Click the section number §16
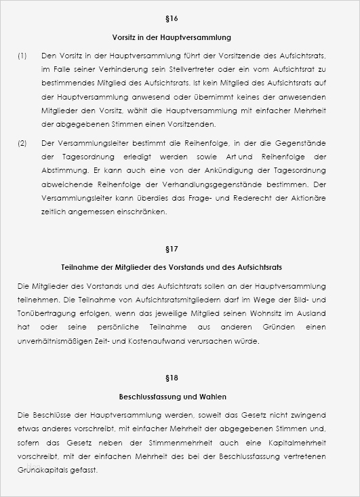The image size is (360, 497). (180, 18)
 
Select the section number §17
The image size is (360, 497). (180, 249)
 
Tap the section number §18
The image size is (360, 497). (180, 377)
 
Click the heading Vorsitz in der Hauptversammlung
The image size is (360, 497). (180, 37)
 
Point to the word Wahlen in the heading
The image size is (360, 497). (213, 396)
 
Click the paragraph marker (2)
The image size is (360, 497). (22, 142)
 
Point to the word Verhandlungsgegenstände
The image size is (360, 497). (228, 183)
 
